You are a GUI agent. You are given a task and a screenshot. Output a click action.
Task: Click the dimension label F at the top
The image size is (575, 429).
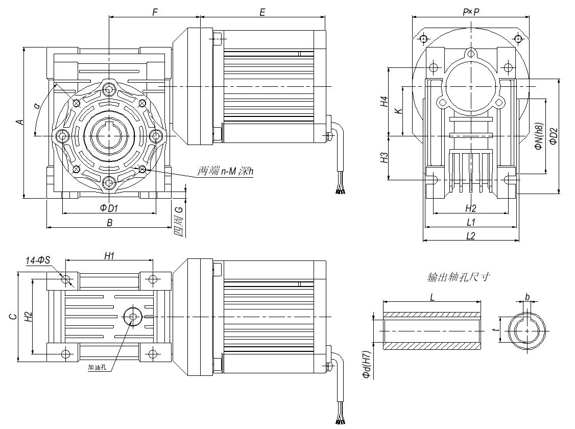point(155,11)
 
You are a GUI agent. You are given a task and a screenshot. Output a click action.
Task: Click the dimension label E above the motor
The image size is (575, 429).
point(262,11)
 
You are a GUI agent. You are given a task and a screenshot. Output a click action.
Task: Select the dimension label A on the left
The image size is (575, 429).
point(19,122)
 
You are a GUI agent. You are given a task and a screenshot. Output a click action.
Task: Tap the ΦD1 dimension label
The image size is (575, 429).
point(109,208)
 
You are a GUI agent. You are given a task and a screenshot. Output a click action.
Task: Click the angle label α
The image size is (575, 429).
point(36,106)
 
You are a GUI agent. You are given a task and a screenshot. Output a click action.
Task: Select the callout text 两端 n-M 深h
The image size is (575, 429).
point(225,172)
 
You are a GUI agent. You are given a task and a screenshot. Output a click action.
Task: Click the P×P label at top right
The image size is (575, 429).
point(471,11)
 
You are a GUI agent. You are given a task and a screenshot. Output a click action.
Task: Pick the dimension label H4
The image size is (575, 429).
point(385,102)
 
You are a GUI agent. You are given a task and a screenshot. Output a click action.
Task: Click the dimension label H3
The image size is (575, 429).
point(385,158)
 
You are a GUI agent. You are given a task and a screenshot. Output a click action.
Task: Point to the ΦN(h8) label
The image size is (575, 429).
point(538,137)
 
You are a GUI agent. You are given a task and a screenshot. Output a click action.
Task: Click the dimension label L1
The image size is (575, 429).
point(471,222)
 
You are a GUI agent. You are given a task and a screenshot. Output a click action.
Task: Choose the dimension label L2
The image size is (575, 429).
point(471,235)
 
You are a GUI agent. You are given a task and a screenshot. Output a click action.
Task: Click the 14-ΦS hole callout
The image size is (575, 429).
point(38,260)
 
